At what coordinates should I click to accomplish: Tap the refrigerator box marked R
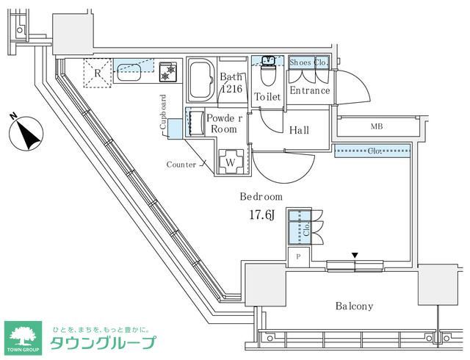tap(98, 72)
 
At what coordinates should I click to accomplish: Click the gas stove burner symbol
tap(170, 71)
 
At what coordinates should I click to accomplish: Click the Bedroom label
tap(261, 197)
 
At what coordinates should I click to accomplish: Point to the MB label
tap(377, 126)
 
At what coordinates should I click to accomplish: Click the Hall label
tap(298, 131)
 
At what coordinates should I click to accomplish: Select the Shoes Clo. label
tap(308, 62)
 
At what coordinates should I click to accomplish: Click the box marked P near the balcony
tap(298, 256)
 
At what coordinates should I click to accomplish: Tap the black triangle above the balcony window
tap(355, 255)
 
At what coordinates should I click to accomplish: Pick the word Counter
tap(181, 165)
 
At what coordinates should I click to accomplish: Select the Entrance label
tap(310, 91)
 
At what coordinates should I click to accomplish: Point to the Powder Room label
tap(223, 123)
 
